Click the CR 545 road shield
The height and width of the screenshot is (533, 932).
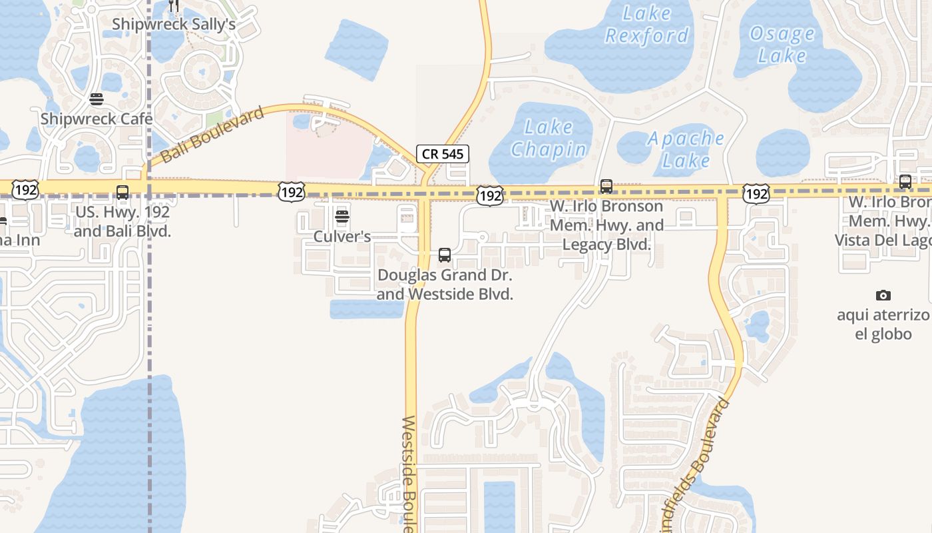[443, 154]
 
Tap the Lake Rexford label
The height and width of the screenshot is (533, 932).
[646, 24]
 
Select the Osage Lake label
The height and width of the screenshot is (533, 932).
[782, 44]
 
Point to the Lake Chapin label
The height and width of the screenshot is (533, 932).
[549, 138]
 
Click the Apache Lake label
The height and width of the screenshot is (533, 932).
[686, 149]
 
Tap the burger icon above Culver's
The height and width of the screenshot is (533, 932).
[342, 217]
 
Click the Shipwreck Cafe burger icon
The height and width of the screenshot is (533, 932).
[97, 100]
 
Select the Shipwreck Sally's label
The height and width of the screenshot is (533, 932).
[174, 25]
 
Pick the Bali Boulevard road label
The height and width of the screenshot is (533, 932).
[212, 135]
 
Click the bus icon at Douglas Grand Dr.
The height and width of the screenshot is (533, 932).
[445, 255]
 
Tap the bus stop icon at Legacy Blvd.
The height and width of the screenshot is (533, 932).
[606, 187]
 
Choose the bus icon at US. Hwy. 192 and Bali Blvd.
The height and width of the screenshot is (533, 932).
[122, 193]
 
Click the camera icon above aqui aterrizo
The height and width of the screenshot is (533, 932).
[883, 295]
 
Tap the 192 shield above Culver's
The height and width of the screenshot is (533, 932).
[292, 193]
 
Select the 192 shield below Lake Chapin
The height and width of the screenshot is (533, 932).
[489, 196]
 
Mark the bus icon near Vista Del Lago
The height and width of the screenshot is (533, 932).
[905, 181]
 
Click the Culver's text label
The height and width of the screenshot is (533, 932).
[342, 237]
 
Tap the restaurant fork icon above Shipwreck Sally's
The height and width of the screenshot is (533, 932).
[174, 6]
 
